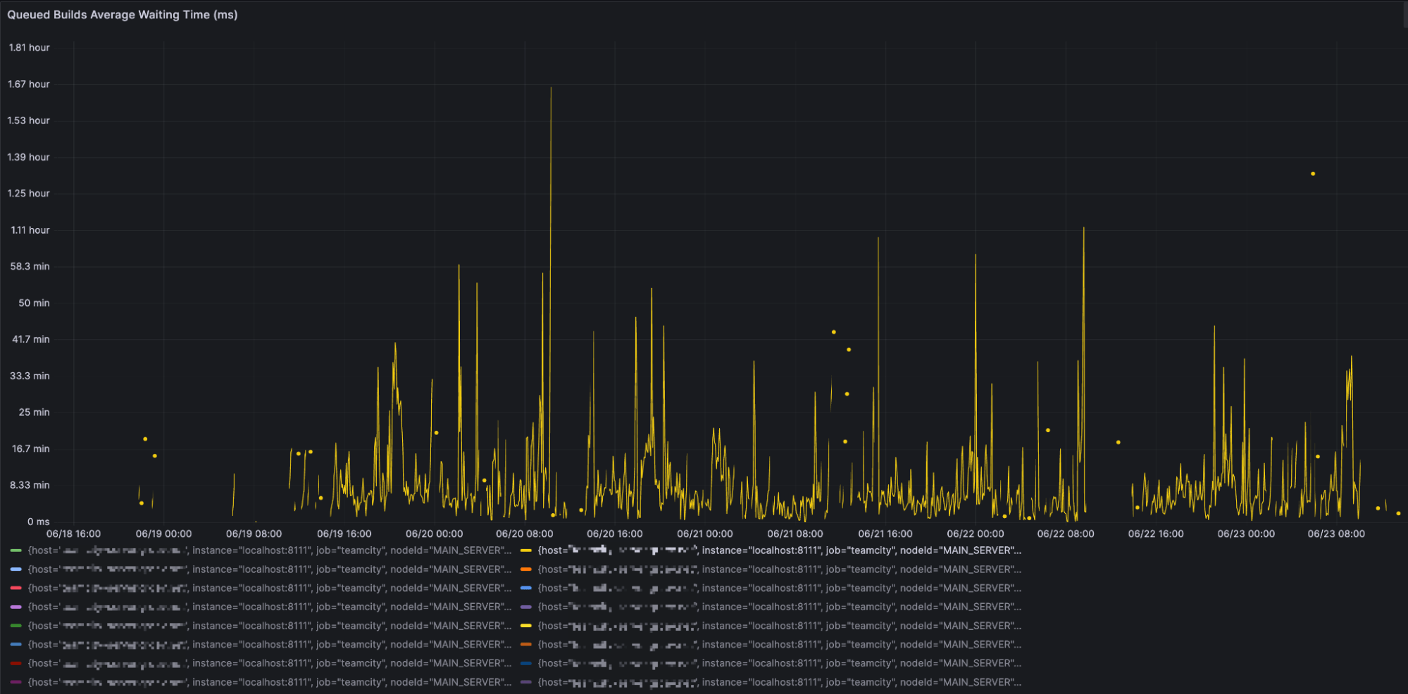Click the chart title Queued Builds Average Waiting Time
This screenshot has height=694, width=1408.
[122, 15]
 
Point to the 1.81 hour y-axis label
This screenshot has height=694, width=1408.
[29, 48]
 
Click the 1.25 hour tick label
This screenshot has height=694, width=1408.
[29, 194]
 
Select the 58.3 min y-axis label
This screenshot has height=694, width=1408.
[30, 267]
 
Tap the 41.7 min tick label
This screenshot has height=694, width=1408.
[30, 339]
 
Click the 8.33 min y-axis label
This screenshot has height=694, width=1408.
[30, 485]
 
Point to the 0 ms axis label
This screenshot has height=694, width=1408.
[38, 522]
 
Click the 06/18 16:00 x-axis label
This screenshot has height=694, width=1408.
[73, 534]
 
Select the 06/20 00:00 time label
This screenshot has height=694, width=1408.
[434, 534]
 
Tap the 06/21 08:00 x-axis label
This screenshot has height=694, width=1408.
[795, 534]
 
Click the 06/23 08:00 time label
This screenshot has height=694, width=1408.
[1336, 534]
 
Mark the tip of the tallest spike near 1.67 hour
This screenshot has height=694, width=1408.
[551, 88]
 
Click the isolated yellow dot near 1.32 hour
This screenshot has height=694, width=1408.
[1313, 174]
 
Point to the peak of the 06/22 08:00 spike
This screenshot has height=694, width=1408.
[1084, 228]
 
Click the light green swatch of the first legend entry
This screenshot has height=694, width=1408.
[16, 550]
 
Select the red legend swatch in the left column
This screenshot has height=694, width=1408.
[16, 588]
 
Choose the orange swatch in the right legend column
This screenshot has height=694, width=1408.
[526, 569]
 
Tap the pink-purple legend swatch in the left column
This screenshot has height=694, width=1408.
[16, 607]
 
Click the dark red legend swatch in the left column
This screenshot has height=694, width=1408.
[16, 663]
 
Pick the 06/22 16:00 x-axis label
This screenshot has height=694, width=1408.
[1156, 534]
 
